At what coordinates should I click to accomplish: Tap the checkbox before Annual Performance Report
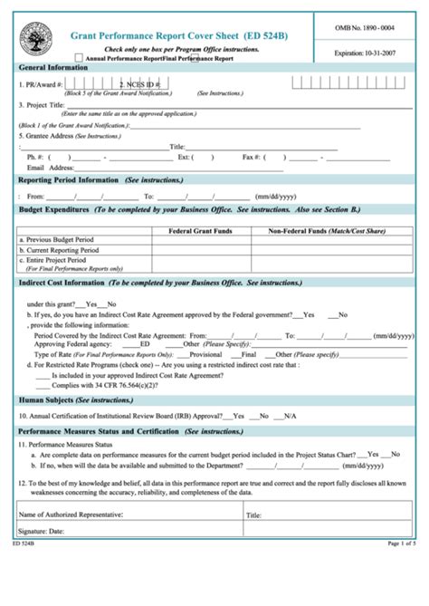pos(79,58)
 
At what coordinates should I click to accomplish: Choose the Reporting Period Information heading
pos(69,180)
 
